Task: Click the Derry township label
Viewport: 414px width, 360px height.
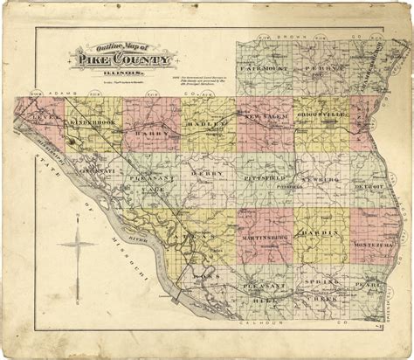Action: pos(204,174)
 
